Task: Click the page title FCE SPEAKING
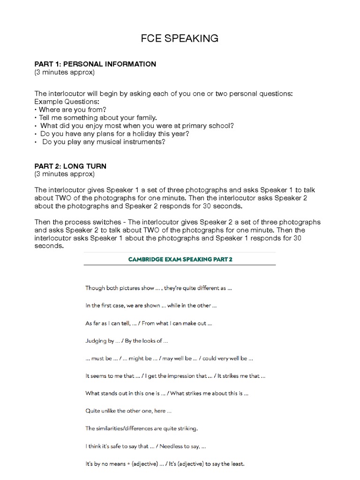click(180, 38)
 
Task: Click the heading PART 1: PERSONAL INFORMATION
click(95, 64)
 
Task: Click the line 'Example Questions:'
click(67, 101)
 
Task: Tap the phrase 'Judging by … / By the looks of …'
click(127, 341)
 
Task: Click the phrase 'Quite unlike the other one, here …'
click(128, 411)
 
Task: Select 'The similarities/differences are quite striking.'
click(142, 428)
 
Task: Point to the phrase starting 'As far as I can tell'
click(149, 323)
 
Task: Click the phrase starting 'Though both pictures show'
click(158, 288)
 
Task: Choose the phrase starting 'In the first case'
click(151, 306)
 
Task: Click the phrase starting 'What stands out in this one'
click(166, 393)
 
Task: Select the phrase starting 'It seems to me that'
click(175, 376)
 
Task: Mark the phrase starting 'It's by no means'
click(165, 464)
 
